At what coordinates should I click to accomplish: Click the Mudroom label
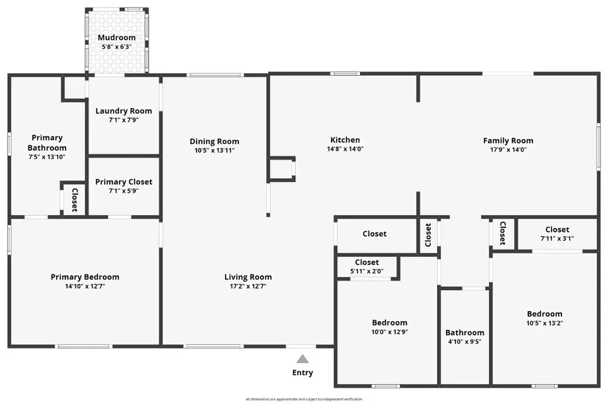pos(116,38)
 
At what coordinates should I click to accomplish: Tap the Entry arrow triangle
pos(303,359)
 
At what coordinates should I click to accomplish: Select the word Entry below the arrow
pos(303,373)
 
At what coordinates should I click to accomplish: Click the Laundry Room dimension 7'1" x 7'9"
pos(124,120)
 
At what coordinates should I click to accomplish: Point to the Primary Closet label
pos(124,182)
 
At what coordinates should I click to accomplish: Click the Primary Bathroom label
pos(47,143)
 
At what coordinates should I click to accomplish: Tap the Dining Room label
pos(214,141)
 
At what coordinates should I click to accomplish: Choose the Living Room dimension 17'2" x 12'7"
pos(248,286)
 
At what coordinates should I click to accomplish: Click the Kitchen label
pos(345,140)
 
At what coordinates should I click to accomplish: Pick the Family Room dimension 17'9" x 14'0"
pos(508,149)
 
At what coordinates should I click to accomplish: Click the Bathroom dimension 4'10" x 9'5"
pos(465,342)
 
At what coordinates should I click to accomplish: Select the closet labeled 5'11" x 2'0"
pos(367,271)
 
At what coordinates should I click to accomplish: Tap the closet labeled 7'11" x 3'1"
pos(557,239)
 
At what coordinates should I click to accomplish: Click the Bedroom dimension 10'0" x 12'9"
pos(389,332)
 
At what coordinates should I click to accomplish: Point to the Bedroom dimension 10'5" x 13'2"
pos(544,323)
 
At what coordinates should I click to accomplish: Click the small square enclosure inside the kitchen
pos(282,169)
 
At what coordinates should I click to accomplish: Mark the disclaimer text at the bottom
pos(304,399)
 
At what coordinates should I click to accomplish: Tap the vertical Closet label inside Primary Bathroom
pos(74,199)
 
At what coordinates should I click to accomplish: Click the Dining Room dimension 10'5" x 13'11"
pos(214,150)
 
